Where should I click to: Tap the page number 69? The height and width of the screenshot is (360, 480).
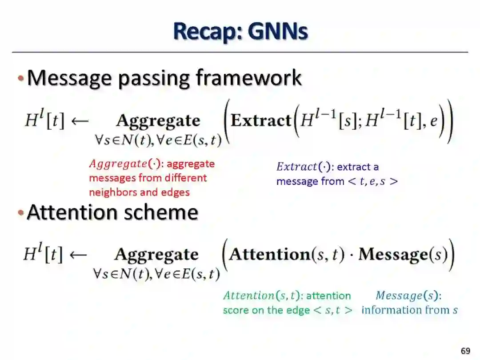pyautogui.click(x=465, y=351)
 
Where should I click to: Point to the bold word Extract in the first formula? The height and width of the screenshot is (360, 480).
pyautogui.click(x=261, y=121)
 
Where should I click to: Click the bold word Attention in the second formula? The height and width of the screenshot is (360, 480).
pyautogui.click(x=269, y=254)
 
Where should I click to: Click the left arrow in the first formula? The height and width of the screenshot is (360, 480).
pyautogui.click(x=80, y=121)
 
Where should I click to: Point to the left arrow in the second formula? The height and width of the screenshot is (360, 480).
pyautogui.click(x=78, y=254)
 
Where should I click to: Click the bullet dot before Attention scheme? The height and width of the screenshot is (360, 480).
pyautogui.click(x=20, y=213)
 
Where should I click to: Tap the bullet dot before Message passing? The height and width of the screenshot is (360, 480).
pyautogui.click(x=20, y=79)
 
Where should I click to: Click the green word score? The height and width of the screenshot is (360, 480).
pyautogui.click(x=236, y=310)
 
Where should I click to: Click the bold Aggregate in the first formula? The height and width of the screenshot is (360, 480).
pyautogui.click(x=158, y=121)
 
